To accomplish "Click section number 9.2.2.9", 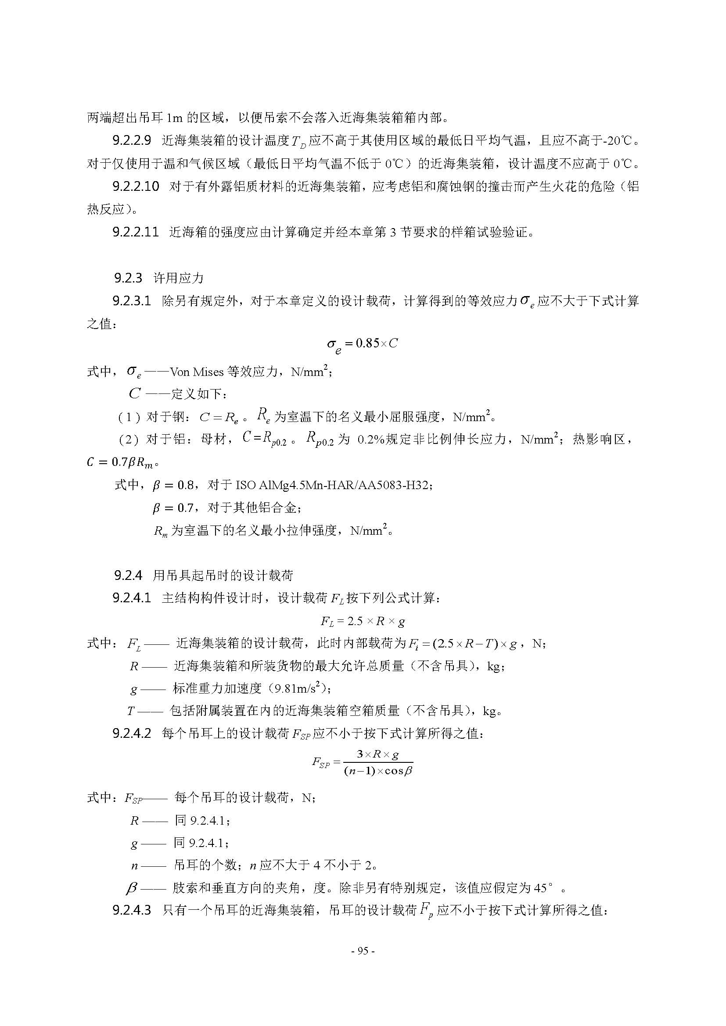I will tap(132, 141).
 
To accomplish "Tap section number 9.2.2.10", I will tap(136, 186).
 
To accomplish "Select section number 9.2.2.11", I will tap(136, 232).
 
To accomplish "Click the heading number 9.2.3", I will tap(128, 278).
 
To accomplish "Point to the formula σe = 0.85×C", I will tap(363, 344).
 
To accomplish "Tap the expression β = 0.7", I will tap(173, 508).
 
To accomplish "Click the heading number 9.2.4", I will tap(128, 575).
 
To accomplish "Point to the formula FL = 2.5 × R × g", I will tap(363, 621).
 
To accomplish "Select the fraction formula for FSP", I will tap(363, 762).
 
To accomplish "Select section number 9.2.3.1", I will tap(132, 301).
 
